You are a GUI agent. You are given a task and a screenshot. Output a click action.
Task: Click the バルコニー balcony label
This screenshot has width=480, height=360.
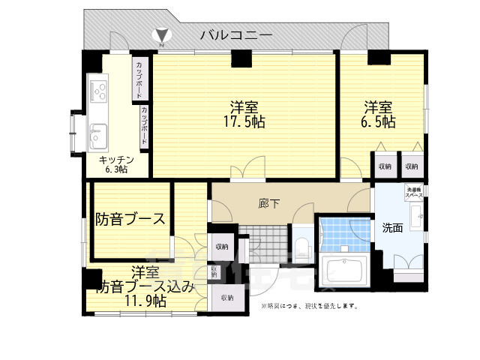click(x=235, y=34)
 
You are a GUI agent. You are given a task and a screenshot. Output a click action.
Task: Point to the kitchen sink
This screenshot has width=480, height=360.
click(x=98, y=136)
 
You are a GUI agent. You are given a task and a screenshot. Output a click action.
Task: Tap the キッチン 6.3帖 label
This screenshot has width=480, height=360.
click(x=116, y=164)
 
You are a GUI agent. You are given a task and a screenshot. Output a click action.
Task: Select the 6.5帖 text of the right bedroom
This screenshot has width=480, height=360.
click(x=380, y=121)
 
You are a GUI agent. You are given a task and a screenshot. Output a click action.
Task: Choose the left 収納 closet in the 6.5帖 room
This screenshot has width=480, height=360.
click(x=385, y=166)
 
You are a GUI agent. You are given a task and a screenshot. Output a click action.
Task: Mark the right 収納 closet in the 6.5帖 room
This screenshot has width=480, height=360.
click(x=411, y=166)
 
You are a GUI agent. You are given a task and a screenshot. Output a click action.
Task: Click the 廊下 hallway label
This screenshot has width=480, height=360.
click(x=268, y=202)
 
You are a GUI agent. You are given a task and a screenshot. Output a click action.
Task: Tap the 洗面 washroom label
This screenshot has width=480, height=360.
click(x=392, y=228)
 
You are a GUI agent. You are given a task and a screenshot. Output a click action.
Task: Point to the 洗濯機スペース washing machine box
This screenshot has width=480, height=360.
click(x=414, y=191)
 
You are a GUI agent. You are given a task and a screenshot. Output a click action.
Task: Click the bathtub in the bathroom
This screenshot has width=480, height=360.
click(x=343, y=268)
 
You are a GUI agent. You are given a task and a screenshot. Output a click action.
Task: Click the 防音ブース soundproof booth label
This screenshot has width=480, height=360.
click(x=130, y=220)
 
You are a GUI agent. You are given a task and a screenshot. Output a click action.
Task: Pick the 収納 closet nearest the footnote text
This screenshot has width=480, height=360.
click(x=227, y=298)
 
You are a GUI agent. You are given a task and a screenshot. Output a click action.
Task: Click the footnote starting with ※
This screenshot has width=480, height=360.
click(x=309, y=306)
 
